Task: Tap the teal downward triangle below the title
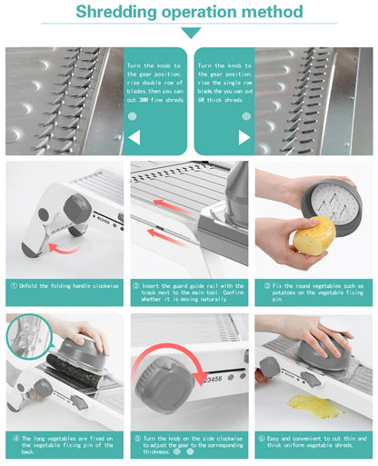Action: pos(190,33)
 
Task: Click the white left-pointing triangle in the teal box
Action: pos(134,137)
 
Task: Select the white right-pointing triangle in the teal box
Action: pos(244,137)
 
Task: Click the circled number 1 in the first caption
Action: pos(14,285)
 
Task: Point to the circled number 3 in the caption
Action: pos(264,285)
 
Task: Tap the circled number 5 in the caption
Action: pos(138,438)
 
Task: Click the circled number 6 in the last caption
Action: pos(264,438)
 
